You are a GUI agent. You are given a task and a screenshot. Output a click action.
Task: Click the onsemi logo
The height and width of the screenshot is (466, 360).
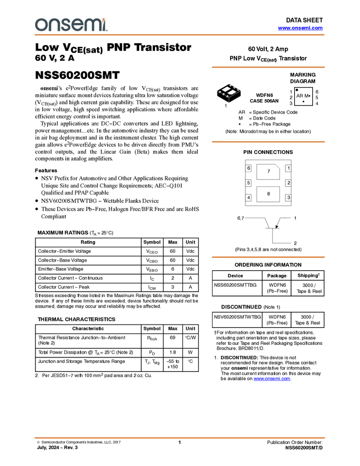coord(71,25)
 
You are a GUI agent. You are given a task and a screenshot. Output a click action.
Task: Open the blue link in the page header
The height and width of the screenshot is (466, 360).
coord(300,28)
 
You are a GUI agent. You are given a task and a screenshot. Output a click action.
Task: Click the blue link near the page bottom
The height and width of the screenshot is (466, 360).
coord(271,379)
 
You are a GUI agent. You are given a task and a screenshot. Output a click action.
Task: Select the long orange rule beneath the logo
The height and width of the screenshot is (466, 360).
coord(180,35)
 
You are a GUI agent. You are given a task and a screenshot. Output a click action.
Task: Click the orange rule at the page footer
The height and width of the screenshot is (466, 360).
coord(180,438)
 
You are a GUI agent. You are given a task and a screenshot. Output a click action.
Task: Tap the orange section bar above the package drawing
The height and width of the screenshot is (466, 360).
coord(268,67)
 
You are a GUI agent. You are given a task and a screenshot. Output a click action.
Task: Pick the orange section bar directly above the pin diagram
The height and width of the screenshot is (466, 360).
coord(268,142)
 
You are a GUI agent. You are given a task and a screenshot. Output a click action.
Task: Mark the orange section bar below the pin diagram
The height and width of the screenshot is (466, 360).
coord(268,257)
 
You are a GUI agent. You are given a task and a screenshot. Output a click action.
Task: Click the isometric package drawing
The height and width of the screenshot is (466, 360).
coord(229,91)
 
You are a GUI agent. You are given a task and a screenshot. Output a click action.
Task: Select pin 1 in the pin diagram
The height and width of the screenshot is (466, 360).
coord(288,168)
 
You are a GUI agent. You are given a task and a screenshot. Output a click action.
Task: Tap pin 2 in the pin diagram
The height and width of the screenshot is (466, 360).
coord(288,183)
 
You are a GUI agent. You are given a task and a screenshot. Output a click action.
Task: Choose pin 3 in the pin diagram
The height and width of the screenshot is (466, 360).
coord(288,197)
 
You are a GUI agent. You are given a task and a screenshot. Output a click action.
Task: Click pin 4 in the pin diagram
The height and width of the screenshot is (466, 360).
coord(248,197)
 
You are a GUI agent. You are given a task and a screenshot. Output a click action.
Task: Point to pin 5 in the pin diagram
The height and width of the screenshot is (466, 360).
coord(248,183)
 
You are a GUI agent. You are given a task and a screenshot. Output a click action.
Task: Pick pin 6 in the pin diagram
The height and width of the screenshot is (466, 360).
coord(248,168)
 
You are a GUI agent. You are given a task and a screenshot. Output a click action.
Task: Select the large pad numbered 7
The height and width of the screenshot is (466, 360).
coord(267,172)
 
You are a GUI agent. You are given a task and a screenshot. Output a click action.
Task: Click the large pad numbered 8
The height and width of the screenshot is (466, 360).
coord(268,194)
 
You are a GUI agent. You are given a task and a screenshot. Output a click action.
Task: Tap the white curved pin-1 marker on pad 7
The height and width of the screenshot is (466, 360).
coord(279,164)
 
